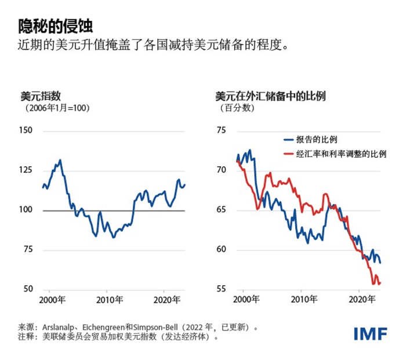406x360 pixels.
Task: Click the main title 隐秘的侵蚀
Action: pos(55,26)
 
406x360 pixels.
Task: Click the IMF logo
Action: pos(371,333)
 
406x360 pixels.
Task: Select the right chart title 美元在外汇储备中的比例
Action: pos(270,96)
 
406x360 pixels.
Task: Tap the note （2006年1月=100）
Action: pos(57,108)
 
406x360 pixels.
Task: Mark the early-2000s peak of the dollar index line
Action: pos(60,160)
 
